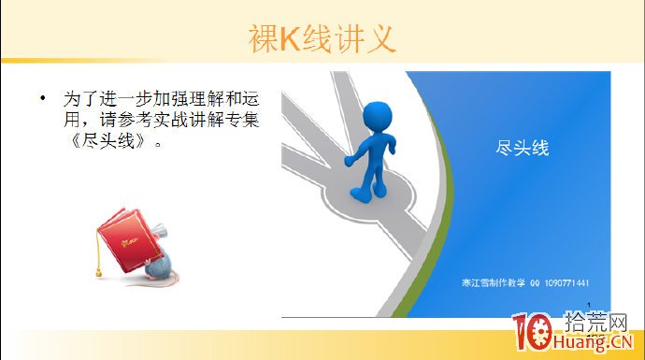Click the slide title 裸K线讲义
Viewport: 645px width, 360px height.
(322, 38)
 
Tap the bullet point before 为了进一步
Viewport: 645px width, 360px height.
(41, 98)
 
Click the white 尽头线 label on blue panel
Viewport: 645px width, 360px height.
(522, 148)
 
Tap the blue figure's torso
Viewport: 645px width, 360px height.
(372, 149)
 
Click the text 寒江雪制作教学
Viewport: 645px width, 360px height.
(494, 283)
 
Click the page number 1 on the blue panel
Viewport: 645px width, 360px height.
(591, 302)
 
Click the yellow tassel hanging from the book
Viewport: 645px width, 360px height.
(95, 267)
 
